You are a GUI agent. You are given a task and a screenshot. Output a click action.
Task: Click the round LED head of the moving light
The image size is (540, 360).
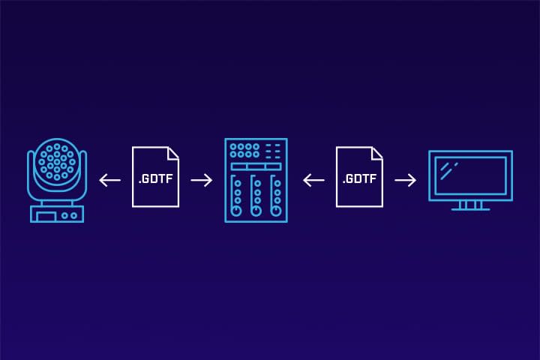[56, 160]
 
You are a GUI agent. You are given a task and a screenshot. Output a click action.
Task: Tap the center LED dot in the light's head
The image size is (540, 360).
[56, 160]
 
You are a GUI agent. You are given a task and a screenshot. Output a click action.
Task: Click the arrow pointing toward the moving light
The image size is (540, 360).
[110, 180]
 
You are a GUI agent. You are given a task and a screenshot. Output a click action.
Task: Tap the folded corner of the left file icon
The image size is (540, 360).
[172, 152]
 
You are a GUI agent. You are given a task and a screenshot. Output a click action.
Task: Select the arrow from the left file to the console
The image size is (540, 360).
[202, 180]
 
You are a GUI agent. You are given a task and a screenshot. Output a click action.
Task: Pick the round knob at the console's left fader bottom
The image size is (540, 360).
[238, 212]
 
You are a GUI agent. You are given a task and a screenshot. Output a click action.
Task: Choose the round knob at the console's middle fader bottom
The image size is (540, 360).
[256, 212]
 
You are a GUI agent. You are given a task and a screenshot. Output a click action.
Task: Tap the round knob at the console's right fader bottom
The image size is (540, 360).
[275, 212]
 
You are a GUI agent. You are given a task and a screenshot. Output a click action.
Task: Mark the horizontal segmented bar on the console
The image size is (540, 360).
[256, 166]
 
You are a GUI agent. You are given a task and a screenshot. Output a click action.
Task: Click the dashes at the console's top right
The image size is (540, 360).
[274, 150]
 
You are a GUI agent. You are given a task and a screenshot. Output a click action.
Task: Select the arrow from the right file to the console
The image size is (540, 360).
[313, 180]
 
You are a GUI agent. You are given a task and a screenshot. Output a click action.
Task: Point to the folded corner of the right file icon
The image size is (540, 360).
[377, 152]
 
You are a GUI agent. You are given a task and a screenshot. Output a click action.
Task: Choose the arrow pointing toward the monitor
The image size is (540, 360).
[406, 180]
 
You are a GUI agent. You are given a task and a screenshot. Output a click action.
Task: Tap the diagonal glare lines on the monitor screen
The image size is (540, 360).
[448, 169]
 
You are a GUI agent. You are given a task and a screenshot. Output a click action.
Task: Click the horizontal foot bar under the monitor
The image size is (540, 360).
[470, 209]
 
